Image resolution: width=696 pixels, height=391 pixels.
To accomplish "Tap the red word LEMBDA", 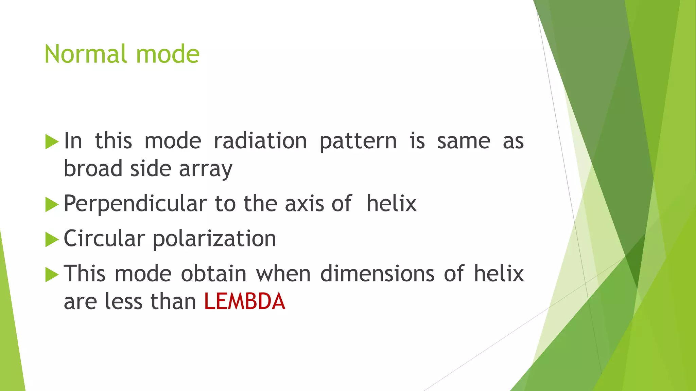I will [244, 301].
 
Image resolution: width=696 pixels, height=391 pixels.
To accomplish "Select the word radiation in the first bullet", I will [260, 141].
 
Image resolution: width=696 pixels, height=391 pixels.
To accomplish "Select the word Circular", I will [104, 238].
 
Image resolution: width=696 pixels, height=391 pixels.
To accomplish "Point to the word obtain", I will [213, 274].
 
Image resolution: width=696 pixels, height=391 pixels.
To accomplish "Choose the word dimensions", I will [377, 274].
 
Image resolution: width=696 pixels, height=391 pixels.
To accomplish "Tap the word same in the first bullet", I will [464, 141].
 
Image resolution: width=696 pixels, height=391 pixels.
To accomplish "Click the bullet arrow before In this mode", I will [52, 142].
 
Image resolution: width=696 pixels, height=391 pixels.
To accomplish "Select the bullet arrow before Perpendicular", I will [52, 205].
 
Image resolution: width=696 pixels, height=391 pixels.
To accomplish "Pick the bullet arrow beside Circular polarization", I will [52, 240].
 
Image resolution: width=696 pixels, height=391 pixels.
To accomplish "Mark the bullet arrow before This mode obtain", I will [52, 275].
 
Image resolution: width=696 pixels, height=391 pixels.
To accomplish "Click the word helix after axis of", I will [391, 204].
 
